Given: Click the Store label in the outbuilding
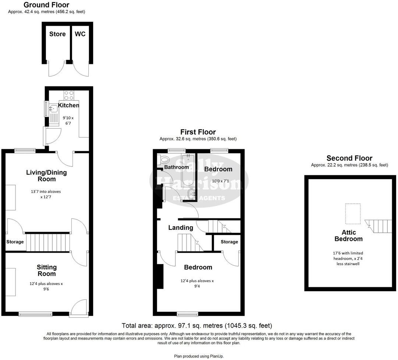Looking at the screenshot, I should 57,34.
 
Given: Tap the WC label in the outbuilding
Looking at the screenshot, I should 80,34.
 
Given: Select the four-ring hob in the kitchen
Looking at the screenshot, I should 69,95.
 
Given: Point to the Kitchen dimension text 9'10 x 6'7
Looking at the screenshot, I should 68,121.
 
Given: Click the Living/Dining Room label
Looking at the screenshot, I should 46,176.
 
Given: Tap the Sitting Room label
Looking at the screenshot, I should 47,270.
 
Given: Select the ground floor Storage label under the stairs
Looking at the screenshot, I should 15,242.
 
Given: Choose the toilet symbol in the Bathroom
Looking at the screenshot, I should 164,160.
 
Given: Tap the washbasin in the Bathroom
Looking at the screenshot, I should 191,194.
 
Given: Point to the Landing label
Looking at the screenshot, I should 181,228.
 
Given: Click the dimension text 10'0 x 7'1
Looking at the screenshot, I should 218,181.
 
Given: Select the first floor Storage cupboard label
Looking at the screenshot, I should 229,242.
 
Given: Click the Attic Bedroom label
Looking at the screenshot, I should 348,235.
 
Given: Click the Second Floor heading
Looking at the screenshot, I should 349,158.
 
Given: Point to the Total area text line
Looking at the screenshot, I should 197,326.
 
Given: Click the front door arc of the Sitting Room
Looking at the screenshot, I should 79,307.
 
